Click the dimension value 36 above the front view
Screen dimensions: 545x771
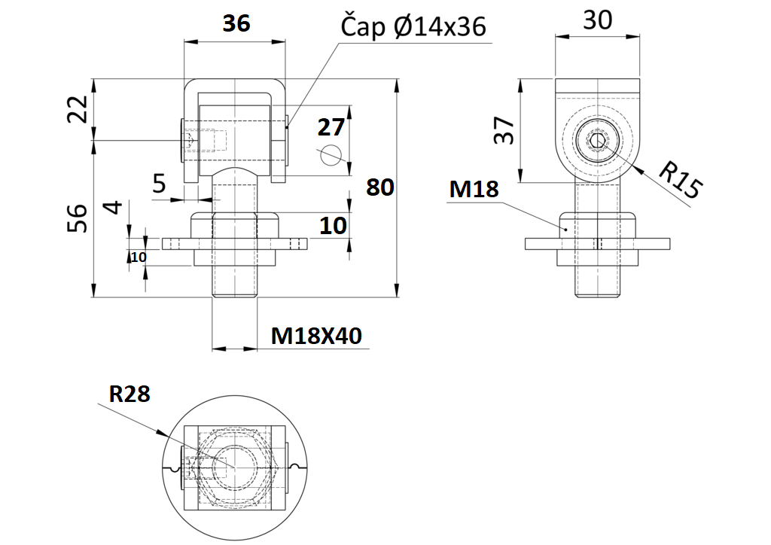(x=236, y=24)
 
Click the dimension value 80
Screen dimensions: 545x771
(x=379, y=187)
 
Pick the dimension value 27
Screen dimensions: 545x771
(x=331, y=126)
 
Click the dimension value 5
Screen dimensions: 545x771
(x=160, y=184)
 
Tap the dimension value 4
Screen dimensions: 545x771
(x=112, y=207)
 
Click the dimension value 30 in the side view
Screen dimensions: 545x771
(x=598, y=20)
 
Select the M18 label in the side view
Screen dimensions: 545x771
(x=474, y=189)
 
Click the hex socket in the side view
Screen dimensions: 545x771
(x=597, y=141)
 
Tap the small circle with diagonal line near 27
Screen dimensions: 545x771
(x=330, y=155)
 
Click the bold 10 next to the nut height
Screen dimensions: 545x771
(x=334, y=225)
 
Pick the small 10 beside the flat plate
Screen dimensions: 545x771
(x=139, y=257)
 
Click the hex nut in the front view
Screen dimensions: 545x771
(x=235, y=225)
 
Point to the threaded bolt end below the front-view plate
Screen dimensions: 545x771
(x=235, y=282)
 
